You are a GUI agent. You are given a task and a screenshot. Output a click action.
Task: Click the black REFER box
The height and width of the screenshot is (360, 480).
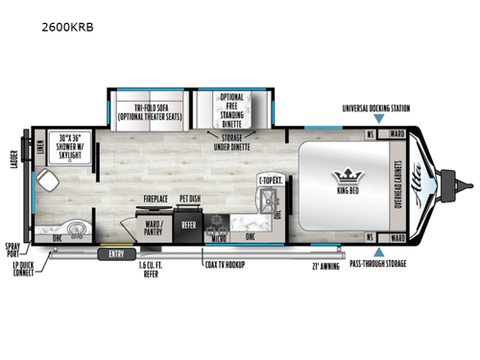click(188, 226)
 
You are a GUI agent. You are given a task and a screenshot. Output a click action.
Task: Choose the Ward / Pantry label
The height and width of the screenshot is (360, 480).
click(153, 228)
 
